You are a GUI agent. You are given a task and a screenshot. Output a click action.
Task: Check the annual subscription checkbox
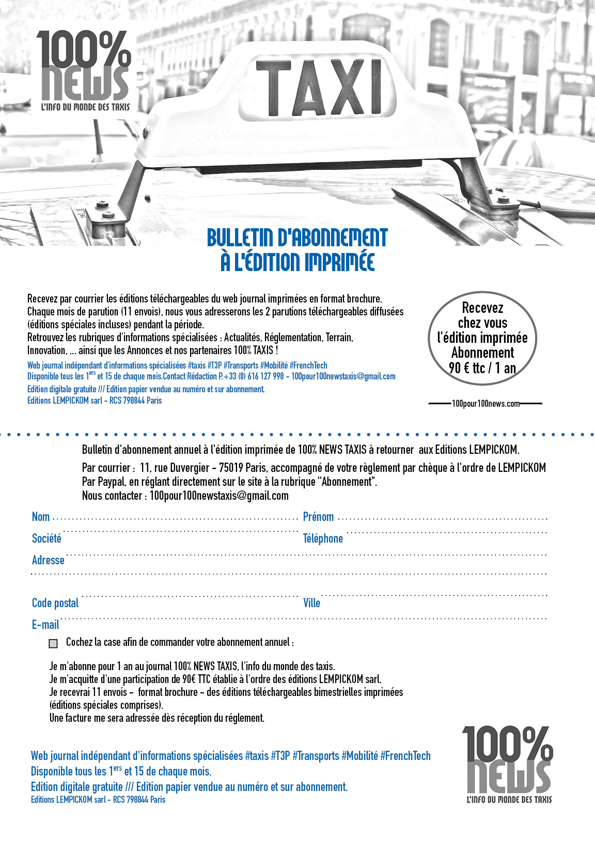click(53, 643)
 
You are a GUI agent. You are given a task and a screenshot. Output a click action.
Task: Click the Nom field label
click(41, 517)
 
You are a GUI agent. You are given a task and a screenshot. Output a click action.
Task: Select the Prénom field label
click(318, 517)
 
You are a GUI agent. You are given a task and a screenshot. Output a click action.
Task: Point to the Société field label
click(46, 539)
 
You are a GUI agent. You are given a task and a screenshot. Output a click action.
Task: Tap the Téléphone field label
click(323, 539)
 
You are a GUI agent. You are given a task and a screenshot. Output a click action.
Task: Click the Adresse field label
click(48, 560)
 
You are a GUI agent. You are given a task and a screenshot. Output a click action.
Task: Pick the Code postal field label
click(55, 603)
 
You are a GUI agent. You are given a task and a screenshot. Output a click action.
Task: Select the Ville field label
click(311, 603)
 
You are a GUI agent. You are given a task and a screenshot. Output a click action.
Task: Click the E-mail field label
click(45, 625)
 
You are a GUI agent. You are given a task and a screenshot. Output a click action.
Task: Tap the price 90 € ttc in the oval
click(467, 368)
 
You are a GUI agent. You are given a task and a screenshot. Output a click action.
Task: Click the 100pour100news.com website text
click(486, 404)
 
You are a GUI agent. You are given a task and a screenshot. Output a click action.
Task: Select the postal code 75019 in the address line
click(231, 468)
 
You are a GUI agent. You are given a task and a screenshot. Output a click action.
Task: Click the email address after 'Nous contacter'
click(219, 496)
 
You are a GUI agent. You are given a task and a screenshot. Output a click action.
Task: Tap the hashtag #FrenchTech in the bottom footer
click(405, 756)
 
